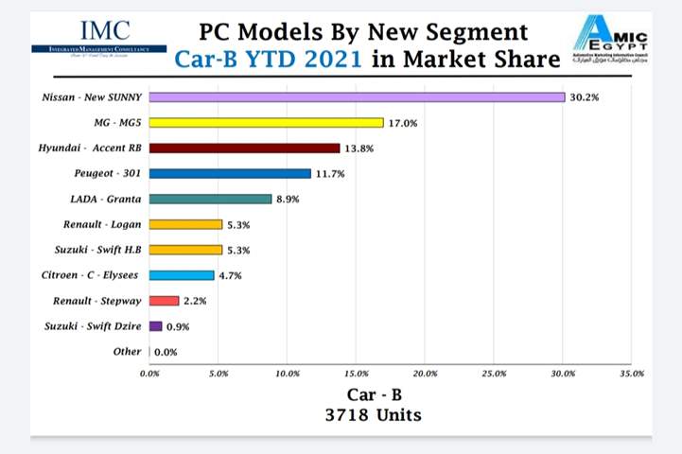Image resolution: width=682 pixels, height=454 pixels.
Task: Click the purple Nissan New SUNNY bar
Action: point(357,96)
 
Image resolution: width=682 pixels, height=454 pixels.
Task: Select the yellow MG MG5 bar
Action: point(266,122)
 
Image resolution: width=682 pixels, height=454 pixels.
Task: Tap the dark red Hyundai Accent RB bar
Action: point(244,148)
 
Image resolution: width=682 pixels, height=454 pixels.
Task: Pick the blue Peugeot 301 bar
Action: point(230,173)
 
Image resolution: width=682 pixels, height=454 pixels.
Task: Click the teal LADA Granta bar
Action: point(210,199)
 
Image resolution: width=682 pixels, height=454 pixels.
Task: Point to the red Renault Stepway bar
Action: point(165,301)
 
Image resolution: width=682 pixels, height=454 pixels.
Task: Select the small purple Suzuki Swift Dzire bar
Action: point(155,326)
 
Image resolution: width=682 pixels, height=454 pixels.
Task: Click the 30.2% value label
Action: point(583,96)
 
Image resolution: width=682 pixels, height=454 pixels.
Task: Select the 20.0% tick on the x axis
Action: point(425,374)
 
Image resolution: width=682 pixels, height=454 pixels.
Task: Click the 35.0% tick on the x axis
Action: point(631,374)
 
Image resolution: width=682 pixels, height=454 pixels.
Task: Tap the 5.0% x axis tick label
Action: point(219,374)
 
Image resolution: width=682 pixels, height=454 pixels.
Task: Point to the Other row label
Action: point(127,352)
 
